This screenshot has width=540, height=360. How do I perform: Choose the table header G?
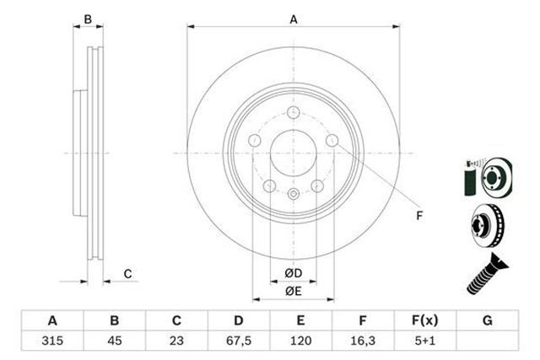[x=486, y=320]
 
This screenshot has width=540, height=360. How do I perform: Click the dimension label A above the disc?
[x=294, y=19]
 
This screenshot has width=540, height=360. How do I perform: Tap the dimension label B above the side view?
[x=87, y=19]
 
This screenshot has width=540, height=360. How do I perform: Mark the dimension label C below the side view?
[x=127, y=272]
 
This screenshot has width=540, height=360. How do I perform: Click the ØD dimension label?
[x=293, y=272]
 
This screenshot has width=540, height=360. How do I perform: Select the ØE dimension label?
[x=293, y=291]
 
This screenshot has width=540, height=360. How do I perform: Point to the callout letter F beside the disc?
[x=419, y=216]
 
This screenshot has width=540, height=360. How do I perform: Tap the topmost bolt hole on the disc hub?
[x=293, y=116]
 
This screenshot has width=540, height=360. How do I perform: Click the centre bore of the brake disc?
[x=293, y=153]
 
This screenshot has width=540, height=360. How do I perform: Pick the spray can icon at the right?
[x=469, y=177]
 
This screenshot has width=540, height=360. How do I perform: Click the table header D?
[x=238, y=320]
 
